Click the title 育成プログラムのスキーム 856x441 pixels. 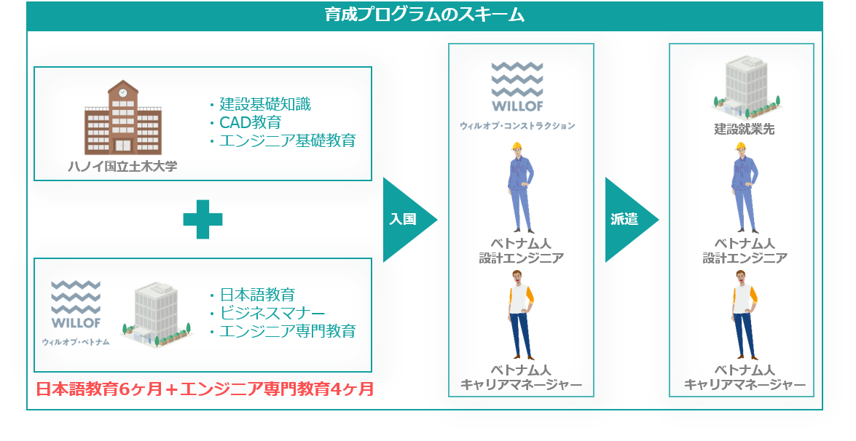click(x=425, y=15)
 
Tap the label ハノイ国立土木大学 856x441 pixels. click(x=123, y=167)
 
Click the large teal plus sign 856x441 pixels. click(x=203, y=219)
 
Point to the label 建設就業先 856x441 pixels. click(x=744, y=131)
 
